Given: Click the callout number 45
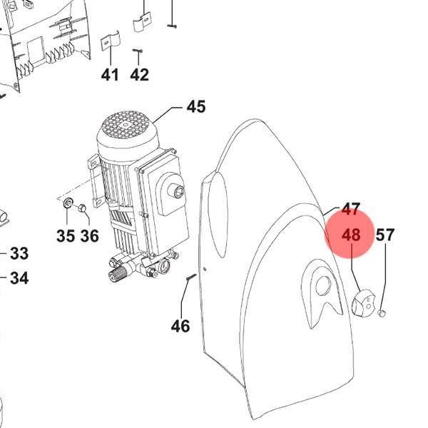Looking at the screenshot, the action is pos(196,106).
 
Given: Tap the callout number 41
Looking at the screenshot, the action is pos(110,74).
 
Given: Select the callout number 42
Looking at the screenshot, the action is pos(140,74).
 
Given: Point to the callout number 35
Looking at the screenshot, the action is pos(66,236).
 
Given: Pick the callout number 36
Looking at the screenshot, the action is pos(90,236).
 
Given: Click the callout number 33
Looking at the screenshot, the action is pos(19,253).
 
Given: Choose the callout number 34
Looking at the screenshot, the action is pos(19,278).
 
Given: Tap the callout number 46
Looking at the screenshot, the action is pos(180,326).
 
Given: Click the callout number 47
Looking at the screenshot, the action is pos(351,209).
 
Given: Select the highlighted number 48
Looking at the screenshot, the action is pos(351,235).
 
